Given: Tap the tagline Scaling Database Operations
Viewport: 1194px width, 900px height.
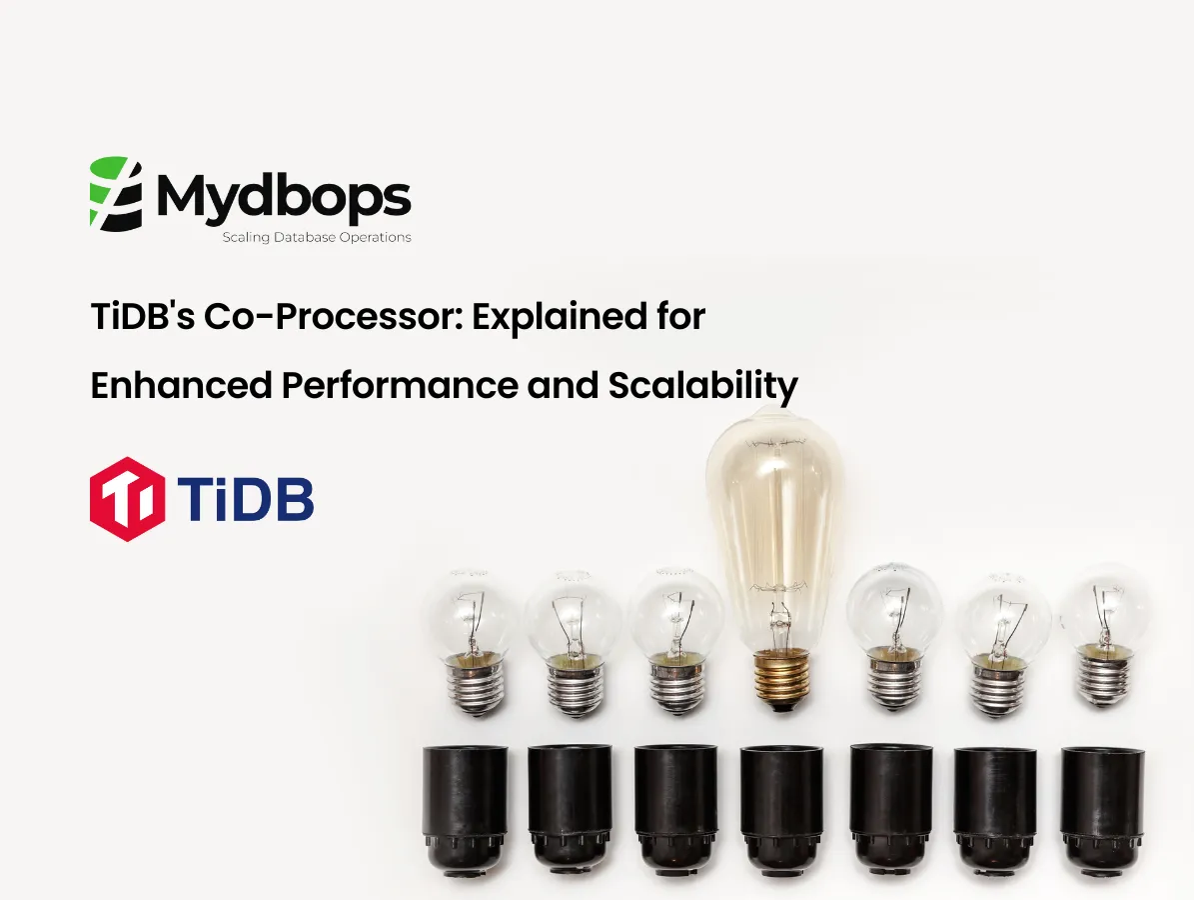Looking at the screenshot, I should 316,238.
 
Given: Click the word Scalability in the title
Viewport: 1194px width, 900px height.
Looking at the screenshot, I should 702,385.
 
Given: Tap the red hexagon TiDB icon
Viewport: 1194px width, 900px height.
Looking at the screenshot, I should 127,499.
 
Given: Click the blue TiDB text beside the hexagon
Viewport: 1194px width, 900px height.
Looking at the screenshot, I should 246,499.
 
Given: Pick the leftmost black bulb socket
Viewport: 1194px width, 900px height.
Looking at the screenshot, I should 467,806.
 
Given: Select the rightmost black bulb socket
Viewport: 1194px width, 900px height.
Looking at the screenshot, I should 1101,806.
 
